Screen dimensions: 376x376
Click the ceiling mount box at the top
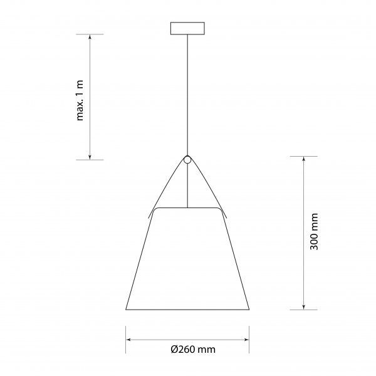(x=187, y=29)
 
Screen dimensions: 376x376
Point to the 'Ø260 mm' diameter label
(x=188, y=350)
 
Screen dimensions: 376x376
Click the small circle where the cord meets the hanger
(x=187, y=159)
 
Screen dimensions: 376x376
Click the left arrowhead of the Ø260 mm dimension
(x=129, y=339)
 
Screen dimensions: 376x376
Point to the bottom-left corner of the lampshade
(x=126, y=309)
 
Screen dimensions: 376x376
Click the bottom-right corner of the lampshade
(x=249, y=309)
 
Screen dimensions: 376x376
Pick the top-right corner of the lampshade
(x=219, y=208)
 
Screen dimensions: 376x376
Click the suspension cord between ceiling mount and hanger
(x=187, y=94)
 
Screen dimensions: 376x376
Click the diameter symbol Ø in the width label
(x=174, y=350)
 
